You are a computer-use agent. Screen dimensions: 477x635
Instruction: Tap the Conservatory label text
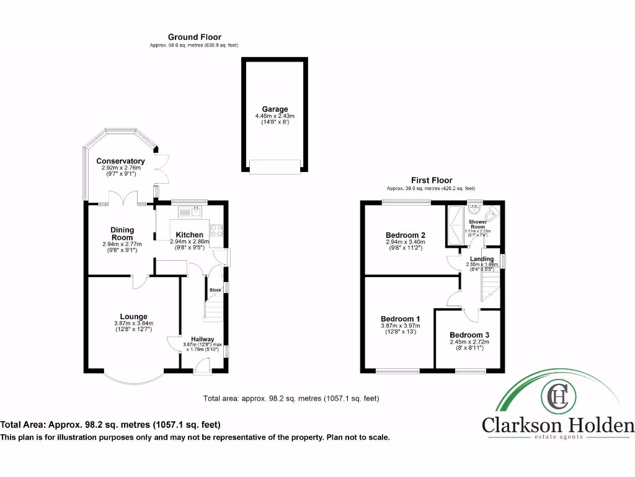tap(120, 161)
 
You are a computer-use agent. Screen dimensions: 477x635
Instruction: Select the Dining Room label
tap(122, 234)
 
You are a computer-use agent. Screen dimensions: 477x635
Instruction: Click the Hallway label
tap(202, 338)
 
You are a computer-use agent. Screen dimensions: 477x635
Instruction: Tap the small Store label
tap(215, 290)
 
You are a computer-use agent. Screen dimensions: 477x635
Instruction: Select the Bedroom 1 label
tap(400, 319)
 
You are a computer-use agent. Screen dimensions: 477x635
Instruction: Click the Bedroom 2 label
tap(405, 235)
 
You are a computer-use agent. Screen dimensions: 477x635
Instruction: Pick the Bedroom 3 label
tap(469, 334)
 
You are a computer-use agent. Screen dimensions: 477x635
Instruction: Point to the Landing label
tap(482, 258)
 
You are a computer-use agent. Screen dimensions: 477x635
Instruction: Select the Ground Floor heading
tap(194, 37)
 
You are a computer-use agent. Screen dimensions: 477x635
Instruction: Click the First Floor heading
tap(432, 180)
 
